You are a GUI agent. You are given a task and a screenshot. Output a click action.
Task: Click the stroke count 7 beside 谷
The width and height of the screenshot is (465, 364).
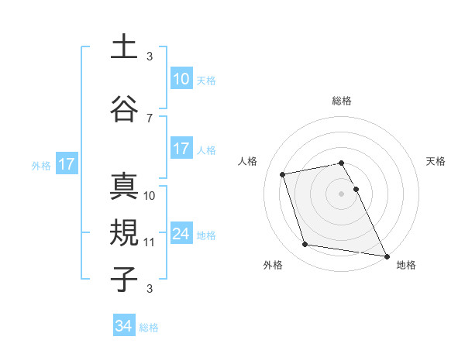pos(149,118)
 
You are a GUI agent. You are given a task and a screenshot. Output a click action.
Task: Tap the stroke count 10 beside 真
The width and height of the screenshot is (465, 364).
pos(150,195)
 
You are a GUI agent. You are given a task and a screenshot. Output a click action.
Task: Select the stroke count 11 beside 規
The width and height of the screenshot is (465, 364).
pos(150,242)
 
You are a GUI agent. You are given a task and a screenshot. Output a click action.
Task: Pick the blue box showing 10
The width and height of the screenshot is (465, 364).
pos(181,78)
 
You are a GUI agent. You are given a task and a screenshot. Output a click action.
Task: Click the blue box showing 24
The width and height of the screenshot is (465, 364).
pos(181,234)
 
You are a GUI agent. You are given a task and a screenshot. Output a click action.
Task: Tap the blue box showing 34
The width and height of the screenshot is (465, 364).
pos(124,326)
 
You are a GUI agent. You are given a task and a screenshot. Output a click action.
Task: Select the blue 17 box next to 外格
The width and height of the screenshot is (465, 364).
pos(66,163)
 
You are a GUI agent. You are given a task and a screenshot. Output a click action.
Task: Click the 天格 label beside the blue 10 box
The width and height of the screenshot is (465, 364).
pos(206,80)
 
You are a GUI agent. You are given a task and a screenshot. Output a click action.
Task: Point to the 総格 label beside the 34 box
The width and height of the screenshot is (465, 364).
pos(149,328)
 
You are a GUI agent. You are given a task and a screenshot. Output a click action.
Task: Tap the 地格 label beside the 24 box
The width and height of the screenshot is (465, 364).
pos(206,235)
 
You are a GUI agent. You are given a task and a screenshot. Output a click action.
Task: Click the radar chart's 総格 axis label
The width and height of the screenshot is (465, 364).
pos(342,101)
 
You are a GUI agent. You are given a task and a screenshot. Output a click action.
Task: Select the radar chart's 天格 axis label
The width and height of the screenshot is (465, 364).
pos(436,161)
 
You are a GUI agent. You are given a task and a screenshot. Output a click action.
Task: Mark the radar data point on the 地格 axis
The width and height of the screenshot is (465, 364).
pos(387,255)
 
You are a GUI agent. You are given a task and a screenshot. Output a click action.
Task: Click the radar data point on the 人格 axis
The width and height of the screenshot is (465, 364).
pos(283,173)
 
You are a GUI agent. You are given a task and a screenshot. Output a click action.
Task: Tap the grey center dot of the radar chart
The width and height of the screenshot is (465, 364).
pos(342,193)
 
